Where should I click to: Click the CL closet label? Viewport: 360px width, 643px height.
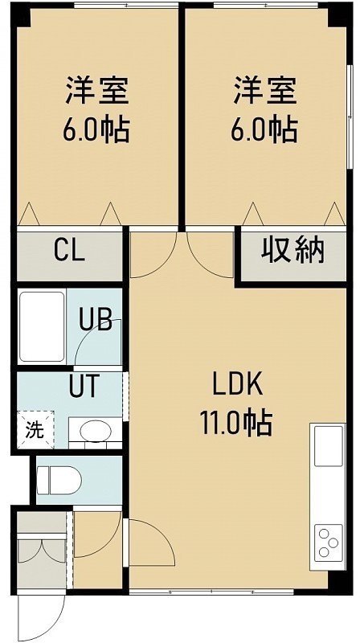pyautogui.click(x=70, y=250)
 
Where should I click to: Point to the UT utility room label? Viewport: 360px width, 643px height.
pyautogui.click(x=84, y=386)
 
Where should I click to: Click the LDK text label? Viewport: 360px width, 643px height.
pyautogui.click(x=237, y=385)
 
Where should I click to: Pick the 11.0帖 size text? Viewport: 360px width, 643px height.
pyautogui.click(x=236, y=423)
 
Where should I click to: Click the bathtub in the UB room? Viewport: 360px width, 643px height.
pyautogui.click(x=42, y=326)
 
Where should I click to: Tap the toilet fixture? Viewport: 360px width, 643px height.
pyautogui.click(x=59, y=480)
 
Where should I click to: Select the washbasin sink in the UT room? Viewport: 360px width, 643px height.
pyautogui.click(x=96, y=431)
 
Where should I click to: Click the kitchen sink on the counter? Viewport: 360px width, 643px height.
pyautogui.click(x=329, y=446)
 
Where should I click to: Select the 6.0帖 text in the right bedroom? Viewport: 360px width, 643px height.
pyautogui.click(x=264, y=129)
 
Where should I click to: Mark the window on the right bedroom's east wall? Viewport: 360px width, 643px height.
pyautogui.click(x=350, y=116)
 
